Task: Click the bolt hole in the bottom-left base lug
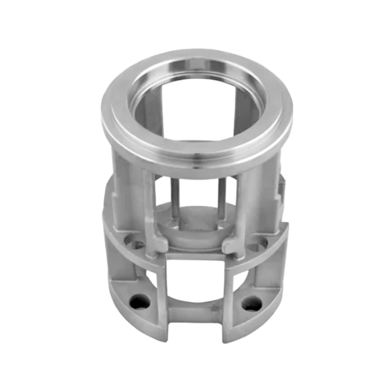140,301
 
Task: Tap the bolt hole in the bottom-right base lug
252,303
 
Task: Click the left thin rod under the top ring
175,198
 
